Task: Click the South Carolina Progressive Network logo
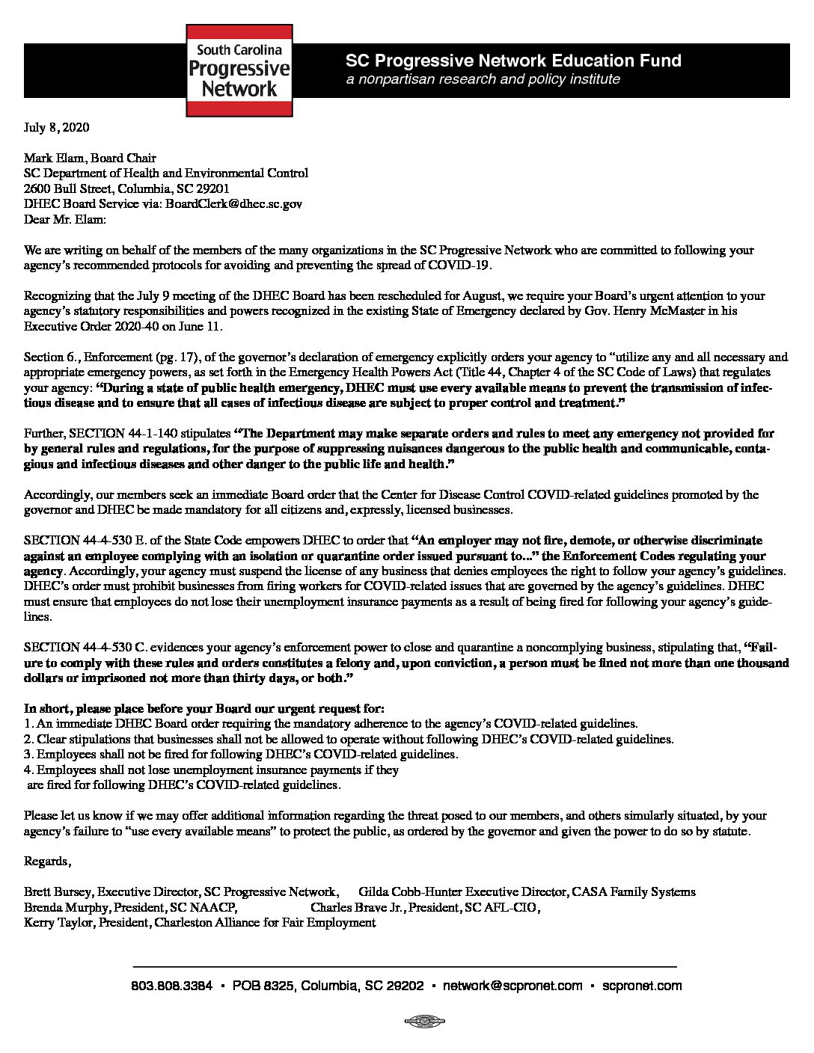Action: [x=239, y=70]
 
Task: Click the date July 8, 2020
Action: [x=57, y=127]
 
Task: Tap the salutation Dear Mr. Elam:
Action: [x=66, y=219]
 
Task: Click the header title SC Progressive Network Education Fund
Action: [x=513, y=61]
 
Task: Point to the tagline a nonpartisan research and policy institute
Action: [x=483, y=79]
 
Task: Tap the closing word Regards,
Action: [x=48, y=862]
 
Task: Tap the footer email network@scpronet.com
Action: [x=512, y=986]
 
